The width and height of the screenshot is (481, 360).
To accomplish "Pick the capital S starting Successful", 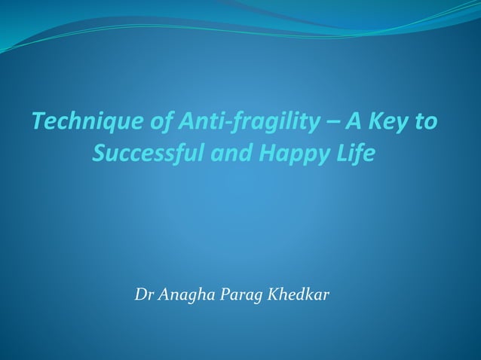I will click(99, 154).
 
